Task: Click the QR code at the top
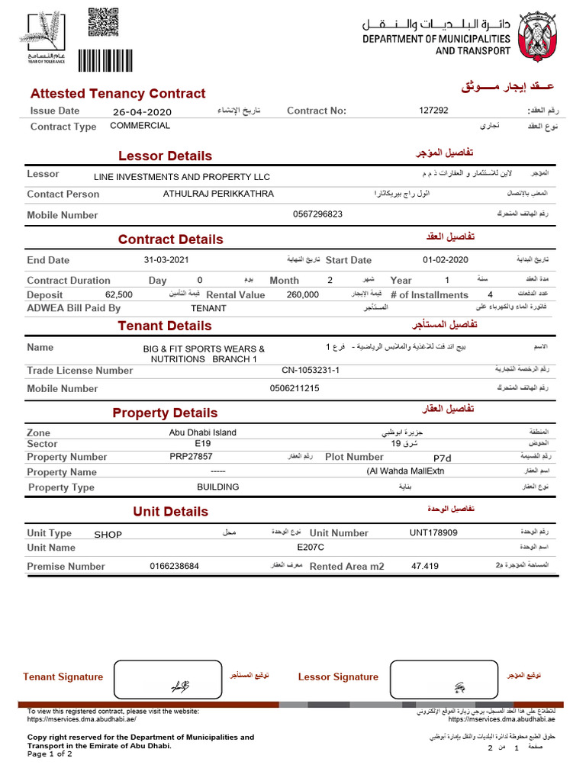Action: pos(103,22)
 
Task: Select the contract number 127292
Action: pos(434,111)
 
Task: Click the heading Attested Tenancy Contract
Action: pos(118,93)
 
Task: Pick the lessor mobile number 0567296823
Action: pos(317,214)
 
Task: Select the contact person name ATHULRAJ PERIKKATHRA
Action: pos(218,194)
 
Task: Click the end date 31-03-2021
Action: pos(166,259)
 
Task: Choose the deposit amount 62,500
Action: pos(119,294)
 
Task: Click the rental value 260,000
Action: pos(303,294)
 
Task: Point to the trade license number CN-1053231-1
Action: pos(311,370)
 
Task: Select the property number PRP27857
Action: pos(192,457)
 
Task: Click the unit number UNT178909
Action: pos(433,532)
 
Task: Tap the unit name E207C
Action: pos(311,547)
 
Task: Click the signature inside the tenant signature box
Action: pos(179,685)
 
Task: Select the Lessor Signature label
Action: pos(338,677)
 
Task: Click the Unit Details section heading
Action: pos(170,511)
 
